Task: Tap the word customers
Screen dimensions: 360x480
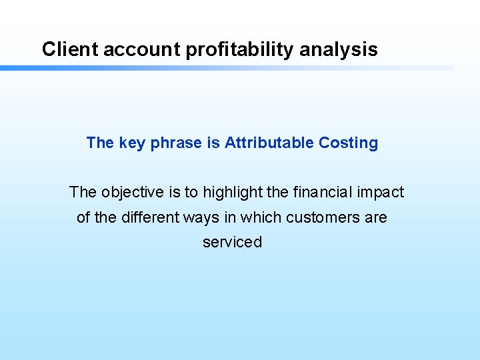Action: tap(321, 217)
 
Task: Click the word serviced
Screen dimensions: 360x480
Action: tap(233, 242)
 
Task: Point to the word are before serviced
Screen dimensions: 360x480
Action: tap(375, 217)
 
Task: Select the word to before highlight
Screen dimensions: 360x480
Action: tap(191, 193)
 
